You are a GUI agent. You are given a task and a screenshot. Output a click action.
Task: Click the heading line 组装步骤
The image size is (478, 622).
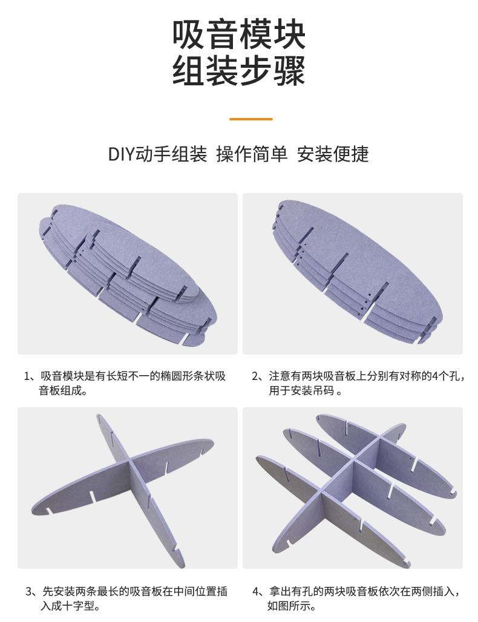[x=239, y=71]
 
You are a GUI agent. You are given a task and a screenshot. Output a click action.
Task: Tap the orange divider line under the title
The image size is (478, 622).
[x=251, y=119]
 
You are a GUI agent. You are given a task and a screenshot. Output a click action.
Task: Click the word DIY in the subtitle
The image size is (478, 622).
[x=122, y=154]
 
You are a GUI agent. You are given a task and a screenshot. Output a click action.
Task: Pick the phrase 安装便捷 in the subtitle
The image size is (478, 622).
[x=333, y=154]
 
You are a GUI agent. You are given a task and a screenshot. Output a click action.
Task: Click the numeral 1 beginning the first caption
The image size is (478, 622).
[x=27, y=376]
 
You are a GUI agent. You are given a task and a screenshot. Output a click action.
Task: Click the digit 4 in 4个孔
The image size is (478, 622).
[x=435, y=376]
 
